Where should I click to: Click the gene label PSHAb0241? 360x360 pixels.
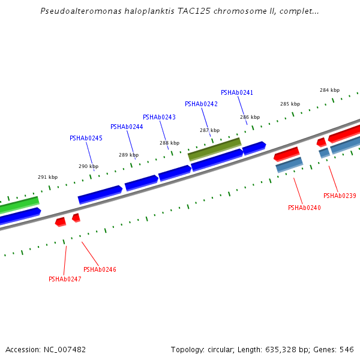[237, 93]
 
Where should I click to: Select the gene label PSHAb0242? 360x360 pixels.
[201, 104]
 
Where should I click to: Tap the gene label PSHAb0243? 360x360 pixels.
[159, 117]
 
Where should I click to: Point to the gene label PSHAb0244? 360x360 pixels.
[127, 127]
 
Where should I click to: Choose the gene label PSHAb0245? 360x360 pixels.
[86, 138]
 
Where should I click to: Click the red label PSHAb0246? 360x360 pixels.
[100, 269]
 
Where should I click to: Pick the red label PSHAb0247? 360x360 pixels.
[65, 279]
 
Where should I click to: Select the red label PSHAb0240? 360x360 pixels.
[304, 208]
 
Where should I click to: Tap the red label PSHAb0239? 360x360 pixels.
[340, 196]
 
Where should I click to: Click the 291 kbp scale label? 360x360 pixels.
[48, 177]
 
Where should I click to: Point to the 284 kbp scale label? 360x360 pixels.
[329, 90]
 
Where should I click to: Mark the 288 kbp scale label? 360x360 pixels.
[169, 143]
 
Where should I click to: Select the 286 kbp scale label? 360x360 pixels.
[250, 117]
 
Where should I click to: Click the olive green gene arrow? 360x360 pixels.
[214, 149]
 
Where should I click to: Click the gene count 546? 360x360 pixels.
[347, 349]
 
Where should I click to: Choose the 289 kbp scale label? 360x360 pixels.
[128, 155]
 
